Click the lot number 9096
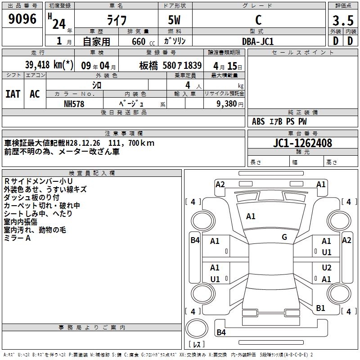22,18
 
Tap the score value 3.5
343,20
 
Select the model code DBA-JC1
258,41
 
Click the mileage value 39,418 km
49,65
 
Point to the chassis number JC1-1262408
302,143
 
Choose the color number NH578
74,104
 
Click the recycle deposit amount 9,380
227,103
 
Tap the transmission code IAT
13,94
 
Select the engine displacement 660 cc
143,41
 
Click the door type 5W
174,20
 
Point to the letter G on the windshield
284,237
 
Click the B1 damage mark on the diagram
320,308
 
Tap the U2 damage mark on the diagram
327,267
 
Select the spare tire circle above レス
197,328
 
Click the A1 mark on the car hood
251,216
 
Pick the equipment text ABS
258,121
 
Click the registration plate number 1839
193,65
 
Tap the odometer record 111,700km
131,143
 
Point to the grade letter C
258,20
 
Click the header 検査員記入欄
92,173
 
